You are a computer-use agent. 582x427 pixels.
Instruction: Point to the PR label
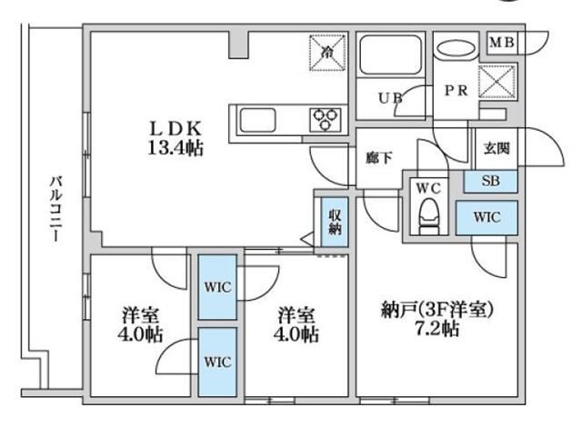coord(455,91)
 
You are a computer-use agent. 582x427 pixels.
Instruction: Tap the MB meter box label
coord(503,42)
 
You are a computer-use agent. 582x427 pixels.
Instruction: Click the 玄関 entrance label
coord(496,146)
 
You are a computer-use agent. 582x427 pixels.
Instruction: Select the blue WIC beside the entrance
coord(487,219)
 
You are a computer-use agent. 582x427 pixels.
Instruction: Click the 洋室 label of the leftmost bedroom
coord(141,315)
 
